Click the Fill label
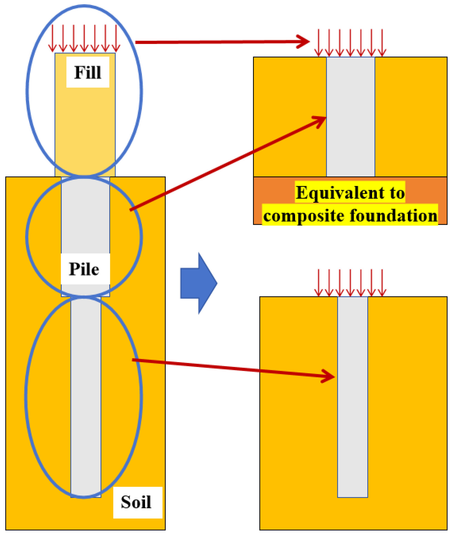tap(88, 72)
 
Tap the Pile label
tap(84, 269)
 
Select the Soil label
tap(136, 502)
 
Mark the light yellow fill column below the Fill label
tap(85, 125)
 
